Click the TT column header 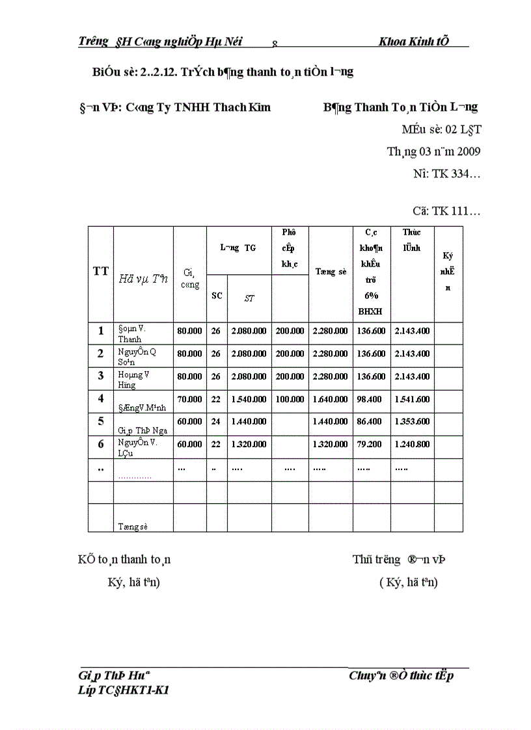coord(101,272)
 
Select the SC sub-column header coord(217,296)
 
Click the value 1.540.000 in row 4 coord(249,399)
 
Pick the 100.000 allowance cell coord(290,399)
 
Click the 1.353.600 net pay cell coord(411,421)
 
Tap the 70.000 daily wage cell coord(189,399)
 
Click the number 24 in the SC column coord(216,421)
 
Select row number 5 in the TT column coord(101,421)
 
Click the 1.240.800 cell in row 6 coord(411,444)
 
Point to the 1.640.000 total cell coord(330,399)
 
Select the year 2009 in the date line coord(468,152)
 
